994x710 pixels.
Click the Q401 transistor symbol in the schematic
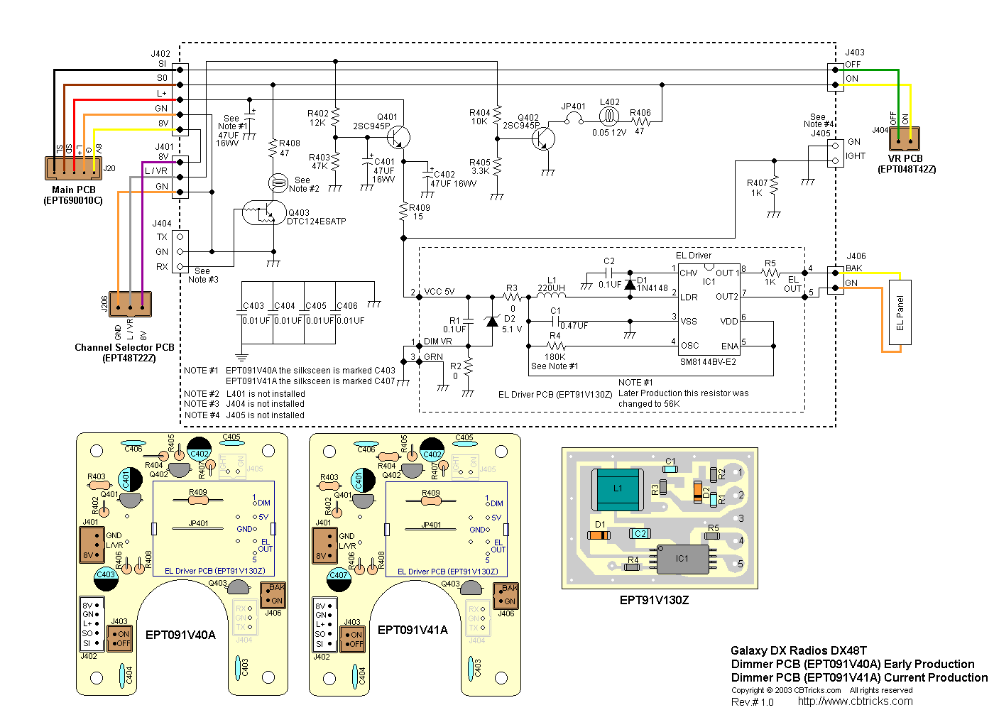(x=400, y=138)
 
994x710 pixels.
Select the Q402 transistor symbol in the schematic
(x=543, y=138)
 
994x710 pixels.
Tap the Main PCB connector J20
(x=74, y=168)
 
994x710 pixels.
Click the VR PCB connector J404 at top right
(x=904, y=139)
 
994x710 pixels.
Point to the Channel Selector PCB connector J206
(x=131, y=304)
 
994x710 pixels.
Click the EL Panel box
(x=900, y=312)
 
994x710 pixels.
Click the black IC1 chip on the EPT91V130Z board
(x=682, y=559)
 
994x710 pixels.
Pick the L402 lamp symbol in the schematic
(x=609, y=117)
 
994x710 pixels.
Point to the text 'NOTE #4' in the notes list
(x=202, y=415)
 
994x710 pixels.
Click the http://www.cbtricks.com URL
(x=855, y=701)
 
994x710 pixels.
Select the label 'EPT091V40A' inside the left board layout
(x=180, y=635)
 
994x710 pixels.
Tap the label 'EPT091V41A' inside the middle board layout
(x=413, y=630)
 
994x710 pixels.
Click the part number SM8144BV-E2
(x=708, y=362)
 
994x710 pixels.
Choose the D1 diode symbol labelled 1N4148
(x=630, y=284)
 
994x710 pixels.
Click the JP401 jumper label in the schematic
(x=574, y=106)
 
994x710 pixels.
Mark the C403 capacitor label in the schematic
(x=253, y=306)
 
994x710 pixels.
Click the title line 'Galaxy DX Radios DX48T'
(x=799, y=650)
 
